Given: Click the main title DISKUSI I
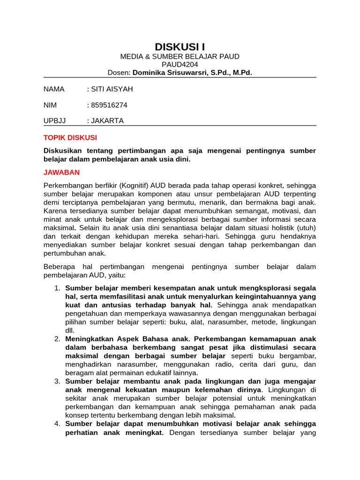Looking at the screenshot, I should (x=180, y=47).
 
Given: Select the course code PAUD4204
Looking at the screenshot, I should (x=180, y=65).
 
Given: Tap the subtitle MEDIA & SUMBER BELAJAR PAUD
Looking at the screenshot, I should (x=180, y=57).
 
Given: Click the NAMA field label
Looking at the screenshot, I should (x=54, y=89).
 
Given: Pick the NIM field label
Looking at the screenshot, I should (x=50, y=105).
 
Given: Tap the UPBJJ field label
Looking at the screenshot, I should (x=55, y=120).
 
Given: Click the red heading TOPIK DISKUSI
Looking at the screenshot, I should (x=70, y=138).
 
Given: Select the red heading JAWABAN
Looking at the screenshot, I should (x=62, y=172).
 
